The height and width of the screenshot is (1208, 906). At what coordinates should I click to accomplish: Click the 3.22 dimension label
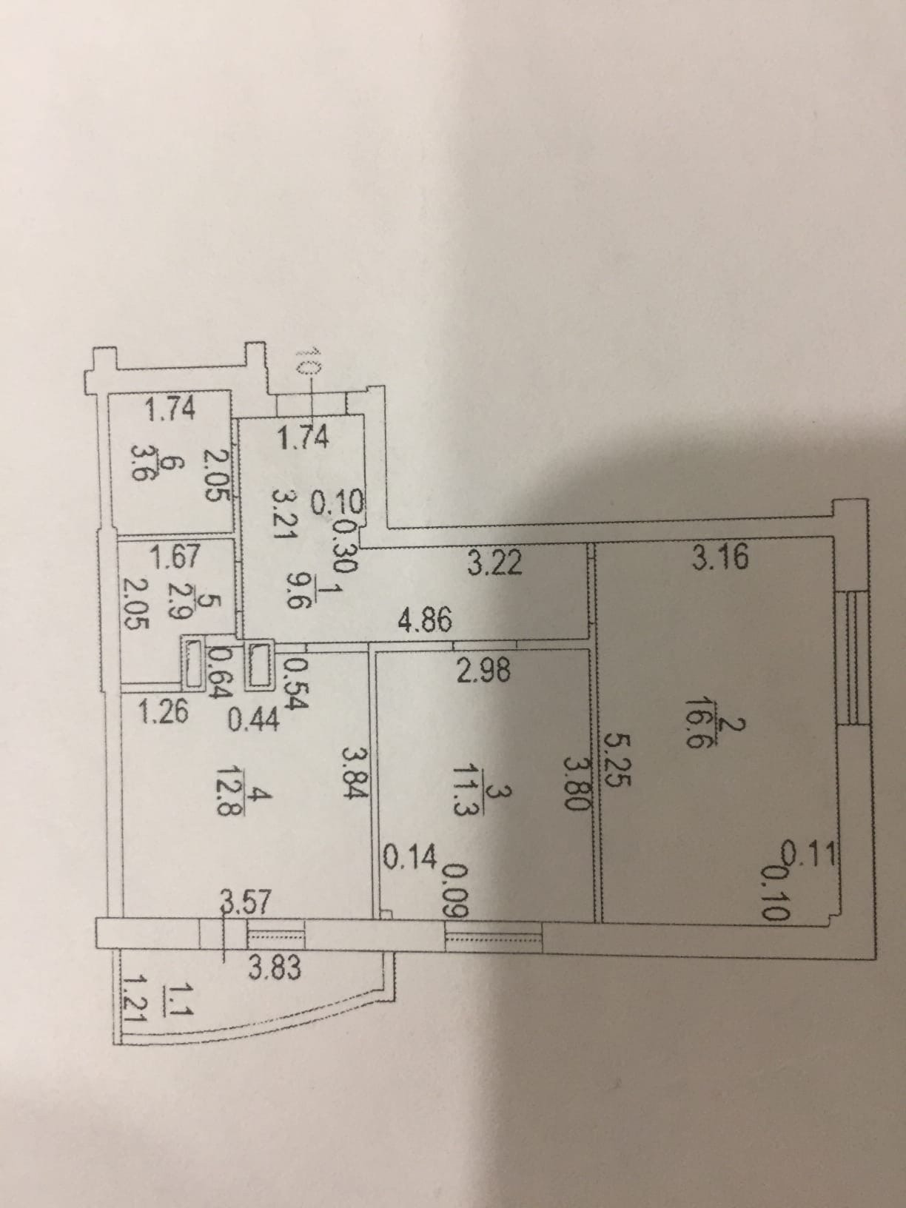tap(495, 564)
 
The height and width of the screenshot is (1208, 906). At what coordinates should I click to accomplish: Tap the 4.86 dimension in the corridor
tap(425, 619)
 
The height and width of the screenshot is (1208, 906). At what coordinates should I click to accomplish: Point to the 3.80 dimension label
tap(576, 782)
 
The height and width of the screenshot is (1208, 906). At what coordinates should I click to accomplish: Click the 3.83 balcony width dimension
tap(274, 967)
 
